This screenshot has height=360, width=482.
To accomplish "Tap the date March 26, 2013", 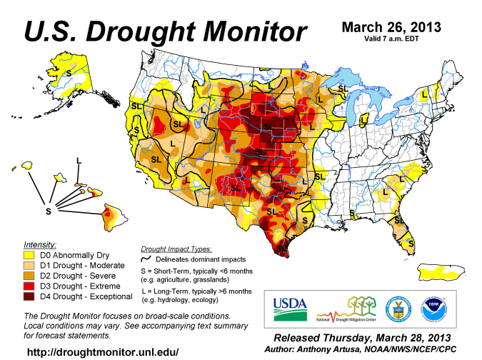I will tap(391, 27).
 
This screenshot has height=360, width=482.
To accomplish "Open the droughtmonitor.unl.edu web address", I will tap(102, 352).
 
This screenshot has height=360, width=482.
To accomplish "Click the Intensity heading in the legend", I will tap(40, 244).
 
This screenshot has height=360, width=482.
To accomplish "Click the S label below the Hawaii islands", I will tap(48, 211).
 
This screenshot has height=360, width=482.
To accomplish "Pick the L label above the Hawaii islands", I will tap(79, 159).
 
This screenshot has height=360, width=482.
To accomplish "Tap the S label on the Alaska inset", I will tap(69, 73).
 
